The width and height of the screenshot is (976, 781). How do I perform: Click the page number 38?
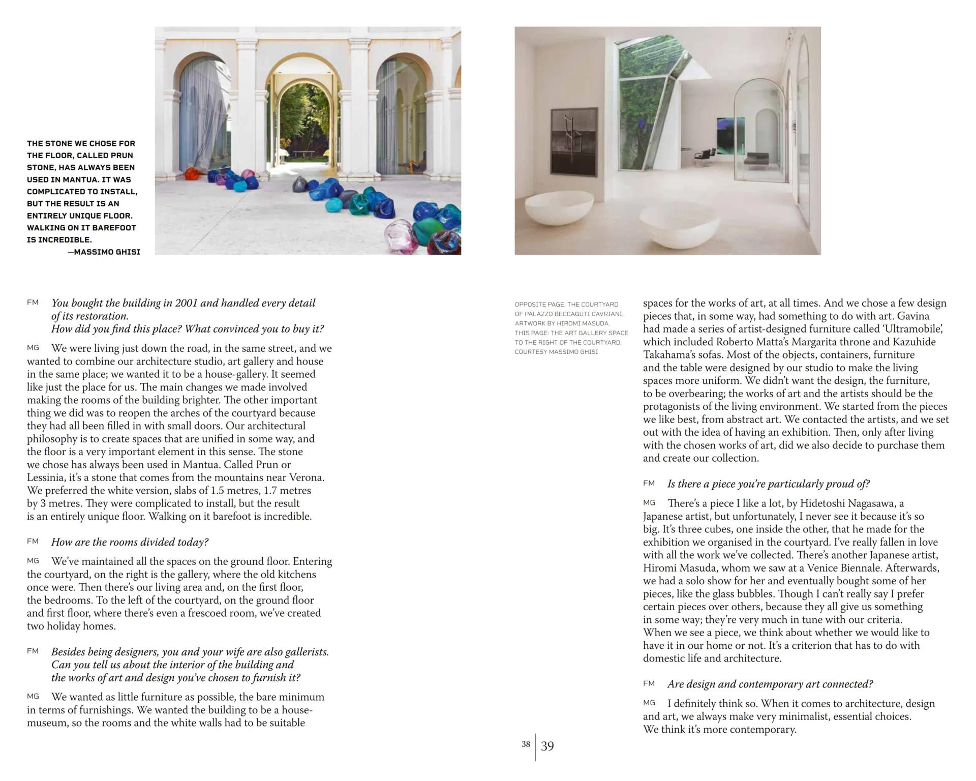(x=526, y=744)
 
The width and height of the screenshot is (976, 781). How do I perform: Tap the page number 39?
(x=547, y=746)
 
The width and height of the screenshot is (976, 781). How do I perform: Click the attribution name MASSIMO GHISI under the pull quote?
(x=107, y=252)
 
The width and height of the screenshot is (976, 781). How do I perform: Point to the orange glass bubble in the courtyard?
(x=192, y=173)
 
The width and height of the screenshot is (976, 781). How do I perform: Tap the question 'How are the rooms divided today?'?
(x=130, y=542)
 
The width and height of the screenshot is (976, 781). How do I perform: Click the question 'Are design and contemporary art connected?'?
(x=770, y=684)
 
